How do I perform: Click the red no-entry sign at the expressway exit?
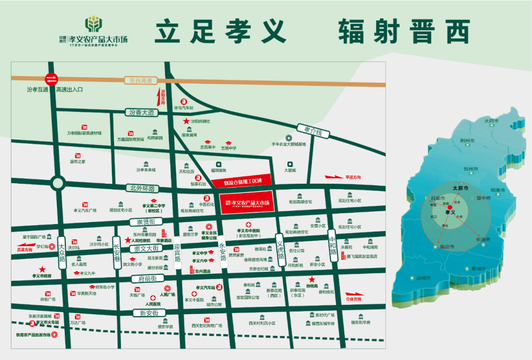[x=51, y=79]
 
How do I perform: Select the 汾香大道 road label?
[x=142, y=113]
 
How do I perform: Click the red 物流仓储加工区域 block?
[x=242, y=182]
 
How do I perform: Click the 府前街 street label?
[x=144, y=279]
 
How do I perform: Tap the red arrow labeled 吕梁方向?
[x=25, y=244]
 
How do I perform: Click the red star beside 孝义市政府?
[x=42, y=269]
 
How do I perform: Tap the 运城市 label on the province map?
[x=423, y=278]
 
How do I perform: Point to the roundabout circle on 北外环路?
[x=58, y=183]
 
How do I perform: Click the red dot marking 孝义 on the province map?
[x=449, y=208]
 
